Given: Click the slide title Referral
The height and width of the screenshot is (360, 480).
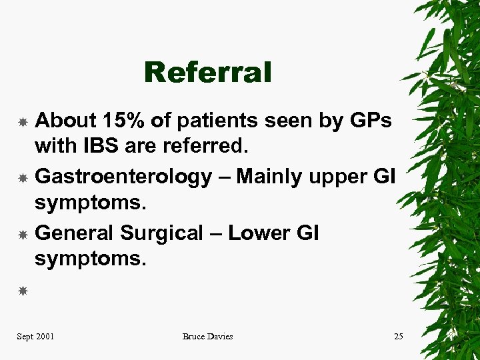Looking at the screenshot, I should (x=207, y=73).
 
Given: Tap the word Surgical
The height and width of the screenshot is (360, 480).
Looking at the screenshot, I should (x=161, y=233).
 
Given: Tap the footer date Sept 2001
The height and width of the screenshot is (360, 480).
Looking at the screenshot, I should (x=35, y=337).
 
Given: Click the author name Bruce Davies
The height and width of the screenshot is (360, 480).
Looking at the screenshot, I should (x=207, y=337).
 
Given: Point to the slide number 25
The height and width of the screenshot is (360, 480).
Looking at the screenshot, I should (x=398, y=337).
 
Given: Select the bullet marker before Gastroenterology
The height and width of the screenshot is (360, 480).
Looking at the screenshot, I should (x=22, y=178).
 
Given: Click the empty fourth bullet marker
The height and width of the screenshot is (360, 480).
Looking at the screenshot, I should (x=22, y=291).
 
